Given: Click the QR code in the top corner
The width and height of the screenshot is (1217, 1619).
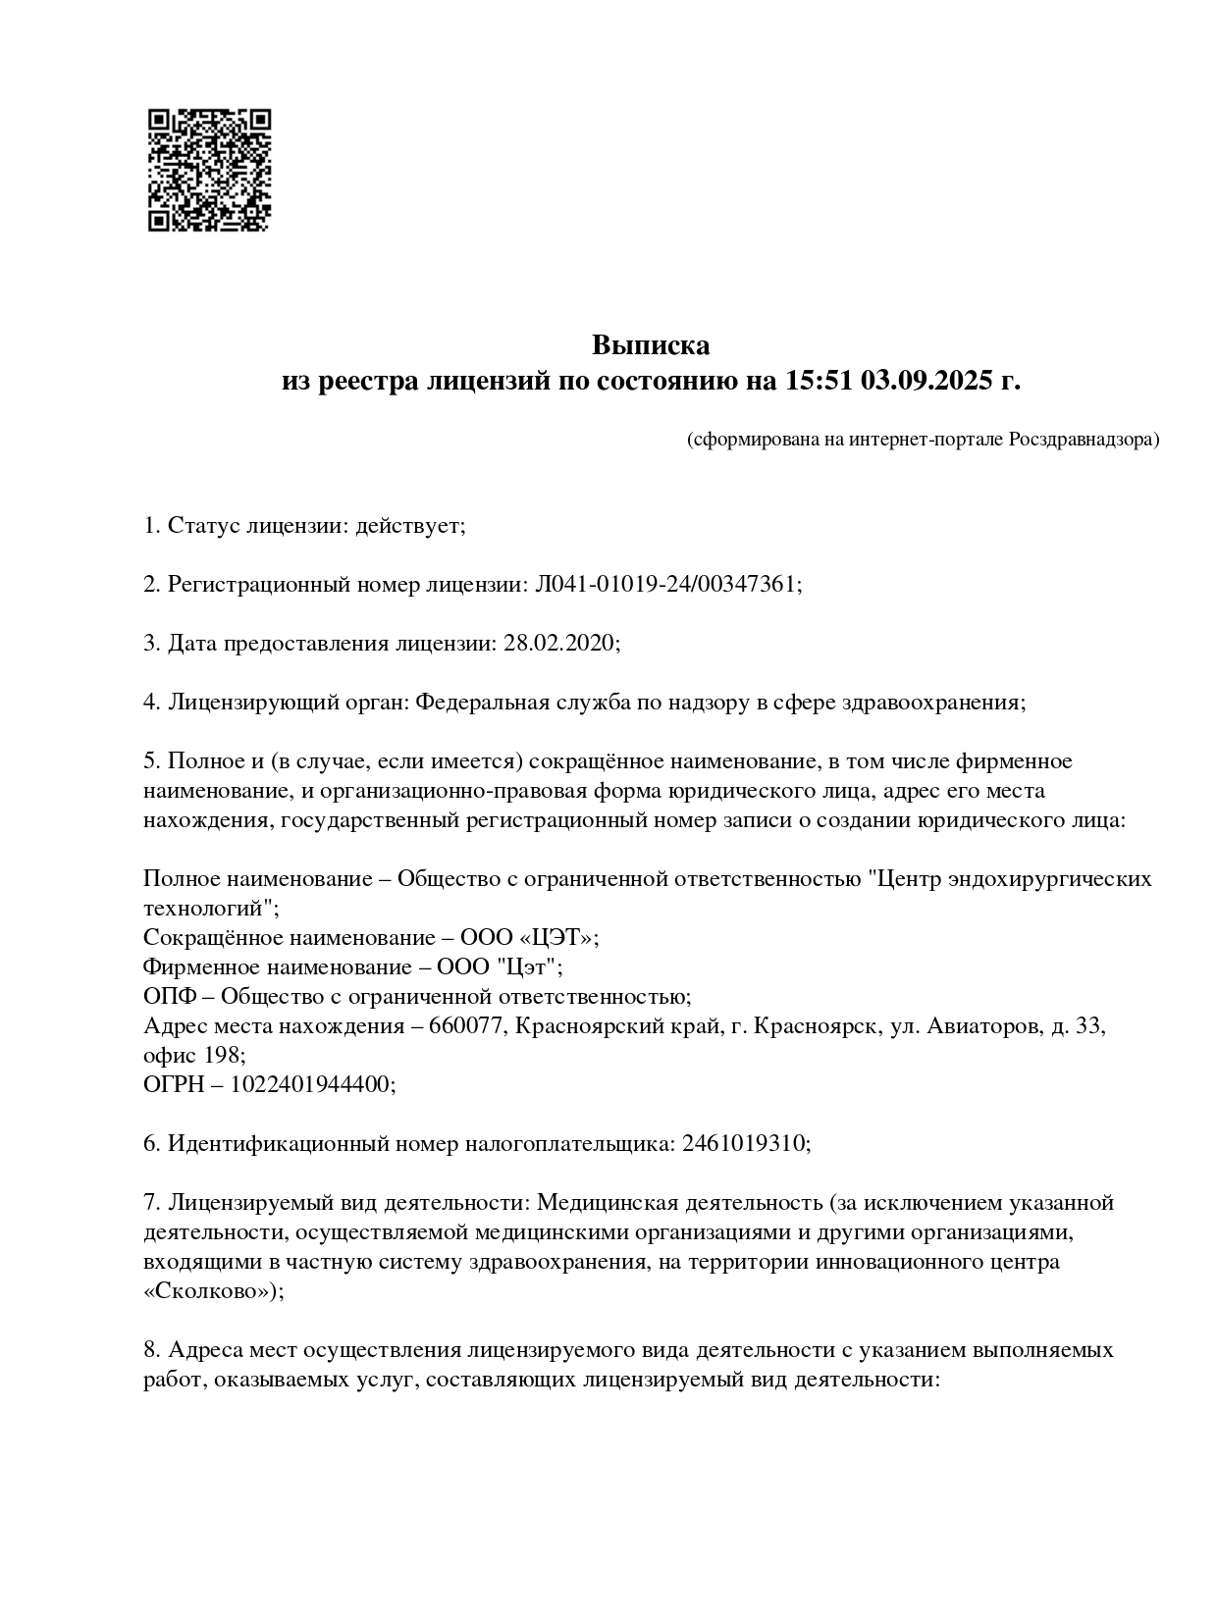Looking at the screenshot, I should [209, 170].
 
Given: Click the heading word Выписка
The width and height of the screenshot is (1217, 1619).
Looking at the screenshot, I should [650, 345].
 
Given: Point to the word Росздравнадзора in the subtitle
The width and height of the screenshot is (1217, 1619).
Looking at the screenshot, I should [1084, 440].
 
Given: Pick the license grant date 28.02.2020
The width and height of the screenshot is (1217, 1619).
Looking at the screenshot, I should [559, 644].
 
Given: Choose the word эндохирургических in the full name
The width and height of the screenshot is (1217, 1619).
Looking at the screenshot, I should [1050, 879].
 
